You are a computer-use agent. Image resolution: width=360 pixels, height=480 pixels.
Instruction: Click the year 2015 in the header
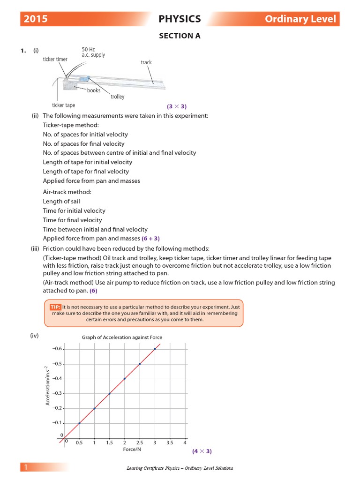pyautogui.click(x=36, y=19)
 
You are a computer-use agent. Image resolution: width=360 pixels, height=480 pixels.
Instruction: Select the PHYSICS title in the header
pyautogui.click(x=180, y=19)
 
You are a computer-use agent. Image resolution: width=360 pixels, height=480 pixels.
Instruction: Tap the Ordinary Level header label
pyautogui.click(x=300, y=19)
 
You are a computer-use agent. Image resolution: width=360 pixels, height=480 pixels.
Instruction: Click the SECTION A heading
pyautogui.click(x=180, y=36)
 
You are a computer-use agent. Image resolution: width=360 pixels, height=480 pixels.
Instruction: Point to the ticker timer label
pyautogui.click(x=55, y=60)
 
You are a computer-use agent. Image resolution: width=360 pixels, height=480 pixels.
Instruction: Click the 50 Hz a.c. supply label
pyautogui.click(x=93, y=52)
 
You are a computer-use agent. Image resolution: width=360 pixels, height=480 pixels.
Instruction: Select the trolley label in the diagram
pyautogui.click(x=118, y=97)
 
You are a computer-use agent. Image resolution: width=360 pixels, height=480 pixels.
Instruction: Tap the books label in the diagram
pyautogui.click(x=94, y=90)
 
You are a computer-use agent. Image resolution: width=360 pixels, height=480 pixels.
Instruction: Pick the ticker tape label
pyautogui.click(x=63, y=105)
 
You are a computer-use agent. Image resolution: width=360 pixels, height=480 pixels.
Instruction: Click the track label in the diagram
pyautogui.click(x=146, y=62)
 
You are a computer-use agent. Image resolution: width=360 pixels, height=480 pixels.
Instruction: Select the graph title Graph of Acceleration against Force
pyautogui.click(x=122, y=337)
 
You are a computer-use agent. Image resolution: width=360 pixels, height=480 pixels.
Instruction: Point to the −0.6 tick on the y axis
pyautogui.click(x=58, y=349)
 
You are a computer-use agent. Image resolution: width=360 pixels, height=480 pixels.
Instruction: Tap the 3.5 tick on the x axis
pyautogui.click(x=170, y=443)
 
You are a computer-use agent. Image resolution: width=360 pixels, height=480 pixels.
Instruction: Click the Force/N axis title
pyautogui.click(x=132, y=450)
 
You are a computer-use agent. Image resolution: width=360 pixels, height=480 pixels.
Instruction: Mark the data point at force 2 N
pyautogui.click(x=124, y=378)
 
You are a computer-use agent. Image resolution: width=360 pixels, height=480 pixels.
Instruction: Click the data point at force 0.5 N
pyautogui.click(x=79, y=423)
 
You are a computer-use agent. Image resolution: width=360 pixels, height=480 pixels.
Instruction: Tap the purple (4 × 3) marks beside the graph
pyautogui.click(x=202, y=451)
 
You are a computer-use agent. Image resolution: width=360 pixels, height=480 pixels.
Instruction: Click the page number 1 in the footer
pyautogui.click(x=26, y=467)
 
